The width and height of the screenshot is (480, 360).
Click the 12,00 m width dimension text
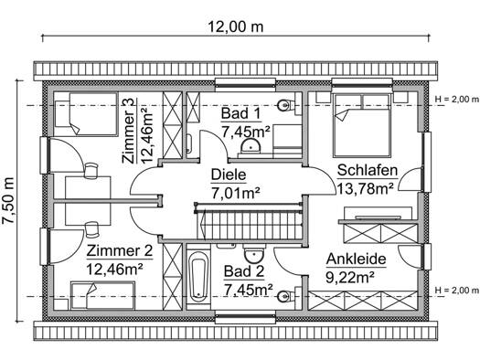click(236, 26)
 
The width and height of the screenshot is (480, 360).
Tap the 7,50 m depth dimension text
click(8, 201)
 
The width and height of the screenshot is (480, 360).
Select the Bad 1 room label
click(241, 114)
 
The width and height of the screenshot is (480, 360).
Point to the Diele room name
click(229, 175)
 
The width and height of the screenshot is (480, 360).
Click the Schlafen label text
click(368, 170)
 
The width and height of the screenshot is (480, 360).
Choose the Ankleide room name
click(356, 259)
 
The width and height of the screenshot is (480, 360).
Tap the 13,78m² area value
click(365, 189)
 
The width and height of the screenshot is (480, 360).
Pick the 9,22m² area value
click(350, 278)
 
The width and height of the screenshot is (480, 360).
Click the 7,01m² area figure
click(236, 193)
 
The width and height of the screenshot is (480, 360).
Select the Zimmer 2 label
click(120, 251)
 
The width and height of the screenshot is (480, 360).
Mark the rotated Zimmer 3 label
click(128, 132)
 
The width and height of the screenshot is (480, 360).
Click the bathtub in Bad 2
click(198, 278)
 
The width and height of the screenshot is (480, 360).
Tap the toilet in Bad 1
click(286, 106)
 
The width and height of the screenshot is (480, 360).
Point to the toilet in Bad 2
click(286, 296)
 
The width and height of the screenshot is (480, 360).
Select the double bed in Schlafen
click(361, 124)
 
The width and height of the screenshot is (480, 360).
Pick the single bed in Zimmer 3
click(86, 114)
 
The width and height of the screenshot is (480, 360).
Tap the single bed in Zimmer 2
click(102, 296)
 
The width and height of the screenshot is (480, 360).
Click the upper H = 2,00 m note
click(457, 99)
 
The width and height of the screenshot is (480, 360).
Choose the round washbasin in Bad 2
click(254, 255)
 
